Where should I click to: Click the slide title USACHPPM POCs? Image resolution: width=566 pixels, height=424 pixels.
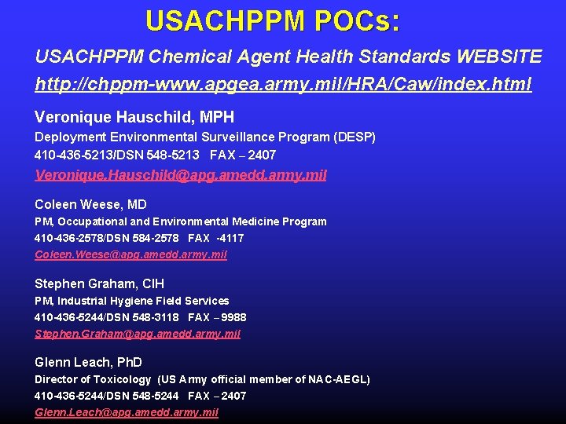tap(273, 20)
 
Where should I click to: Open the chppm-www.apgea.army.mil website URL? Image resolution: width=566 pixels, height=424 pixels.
tap(283, 84)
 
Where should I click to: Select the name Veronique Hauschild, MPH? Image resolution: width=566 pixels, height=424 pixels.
tap(134, 118)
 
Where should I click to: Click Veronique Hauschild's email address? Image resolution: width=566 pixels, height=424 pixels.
tap(181, 175)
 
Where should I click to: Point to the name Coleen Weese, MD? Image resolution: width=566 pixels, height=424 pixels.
tap(90, 205)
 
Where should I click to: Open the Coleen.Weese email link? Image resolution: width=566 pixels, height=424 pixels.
tap(130, 255)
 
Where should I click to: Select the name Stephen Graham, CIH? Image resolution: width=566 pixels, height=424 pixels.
tap(99, 284)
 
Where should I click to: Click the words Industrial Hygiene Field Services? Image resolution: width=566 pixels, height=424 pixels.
tap(143, 301)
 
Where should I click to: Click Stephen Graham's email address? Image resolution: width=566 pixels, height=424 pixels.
tap(138, 334)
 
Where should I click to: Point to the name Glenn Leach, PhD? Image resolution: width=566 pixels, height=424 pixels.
tap(88, 363)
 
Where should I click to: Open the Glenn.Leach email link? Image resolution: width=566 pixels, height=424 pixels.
tap(127, 413)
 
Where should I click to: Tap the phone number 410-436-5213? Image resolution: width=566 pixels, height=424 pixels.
tap(65, 155)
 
